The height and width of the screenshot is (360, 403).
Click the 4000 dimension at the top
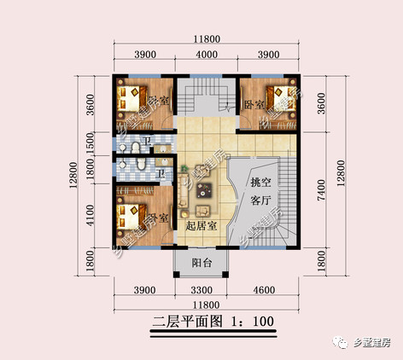click(x=205, y=54)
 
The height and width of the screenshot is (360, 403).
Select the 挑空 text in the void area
click(x=260, y=182)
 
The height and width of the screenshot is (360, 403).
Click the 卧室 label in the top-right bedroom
click(x=254, y=104)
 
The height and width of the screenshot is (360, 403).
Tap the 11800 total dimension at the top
click(x=205, y=38)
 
